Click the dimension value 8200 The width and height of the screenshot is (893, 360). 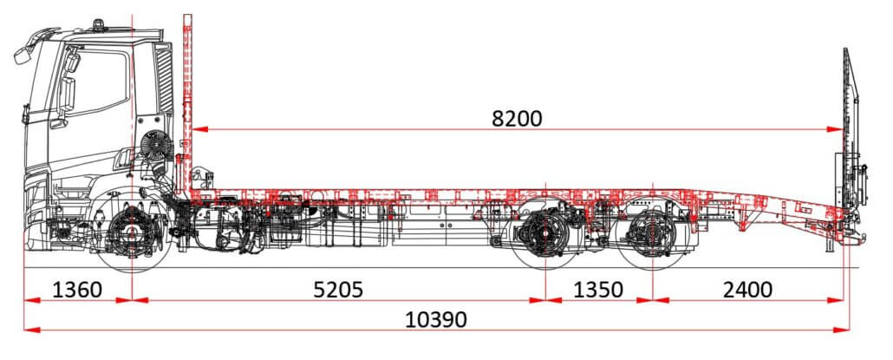pos(517,119)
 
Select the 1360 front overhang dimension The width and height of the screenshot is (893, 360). pos(77,290)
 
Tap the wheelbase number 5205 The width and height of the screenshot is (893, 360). pos(338,290)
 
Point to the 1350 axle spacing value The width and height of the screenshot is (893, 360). pos(598,290)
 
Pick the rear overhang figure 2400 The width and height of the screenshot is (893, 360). pos(747,290)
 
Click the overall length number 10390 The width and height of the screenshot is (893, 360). pos(436,319)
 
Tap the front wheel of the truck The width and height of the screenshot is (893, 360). pos(132,232)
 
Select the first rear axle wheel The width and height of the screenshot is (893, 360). pos(545,233)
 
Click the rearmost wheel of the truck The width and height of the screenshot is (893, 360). pos(652,233)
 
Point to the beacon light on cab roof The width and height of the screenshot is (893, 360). pos(99,24)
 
